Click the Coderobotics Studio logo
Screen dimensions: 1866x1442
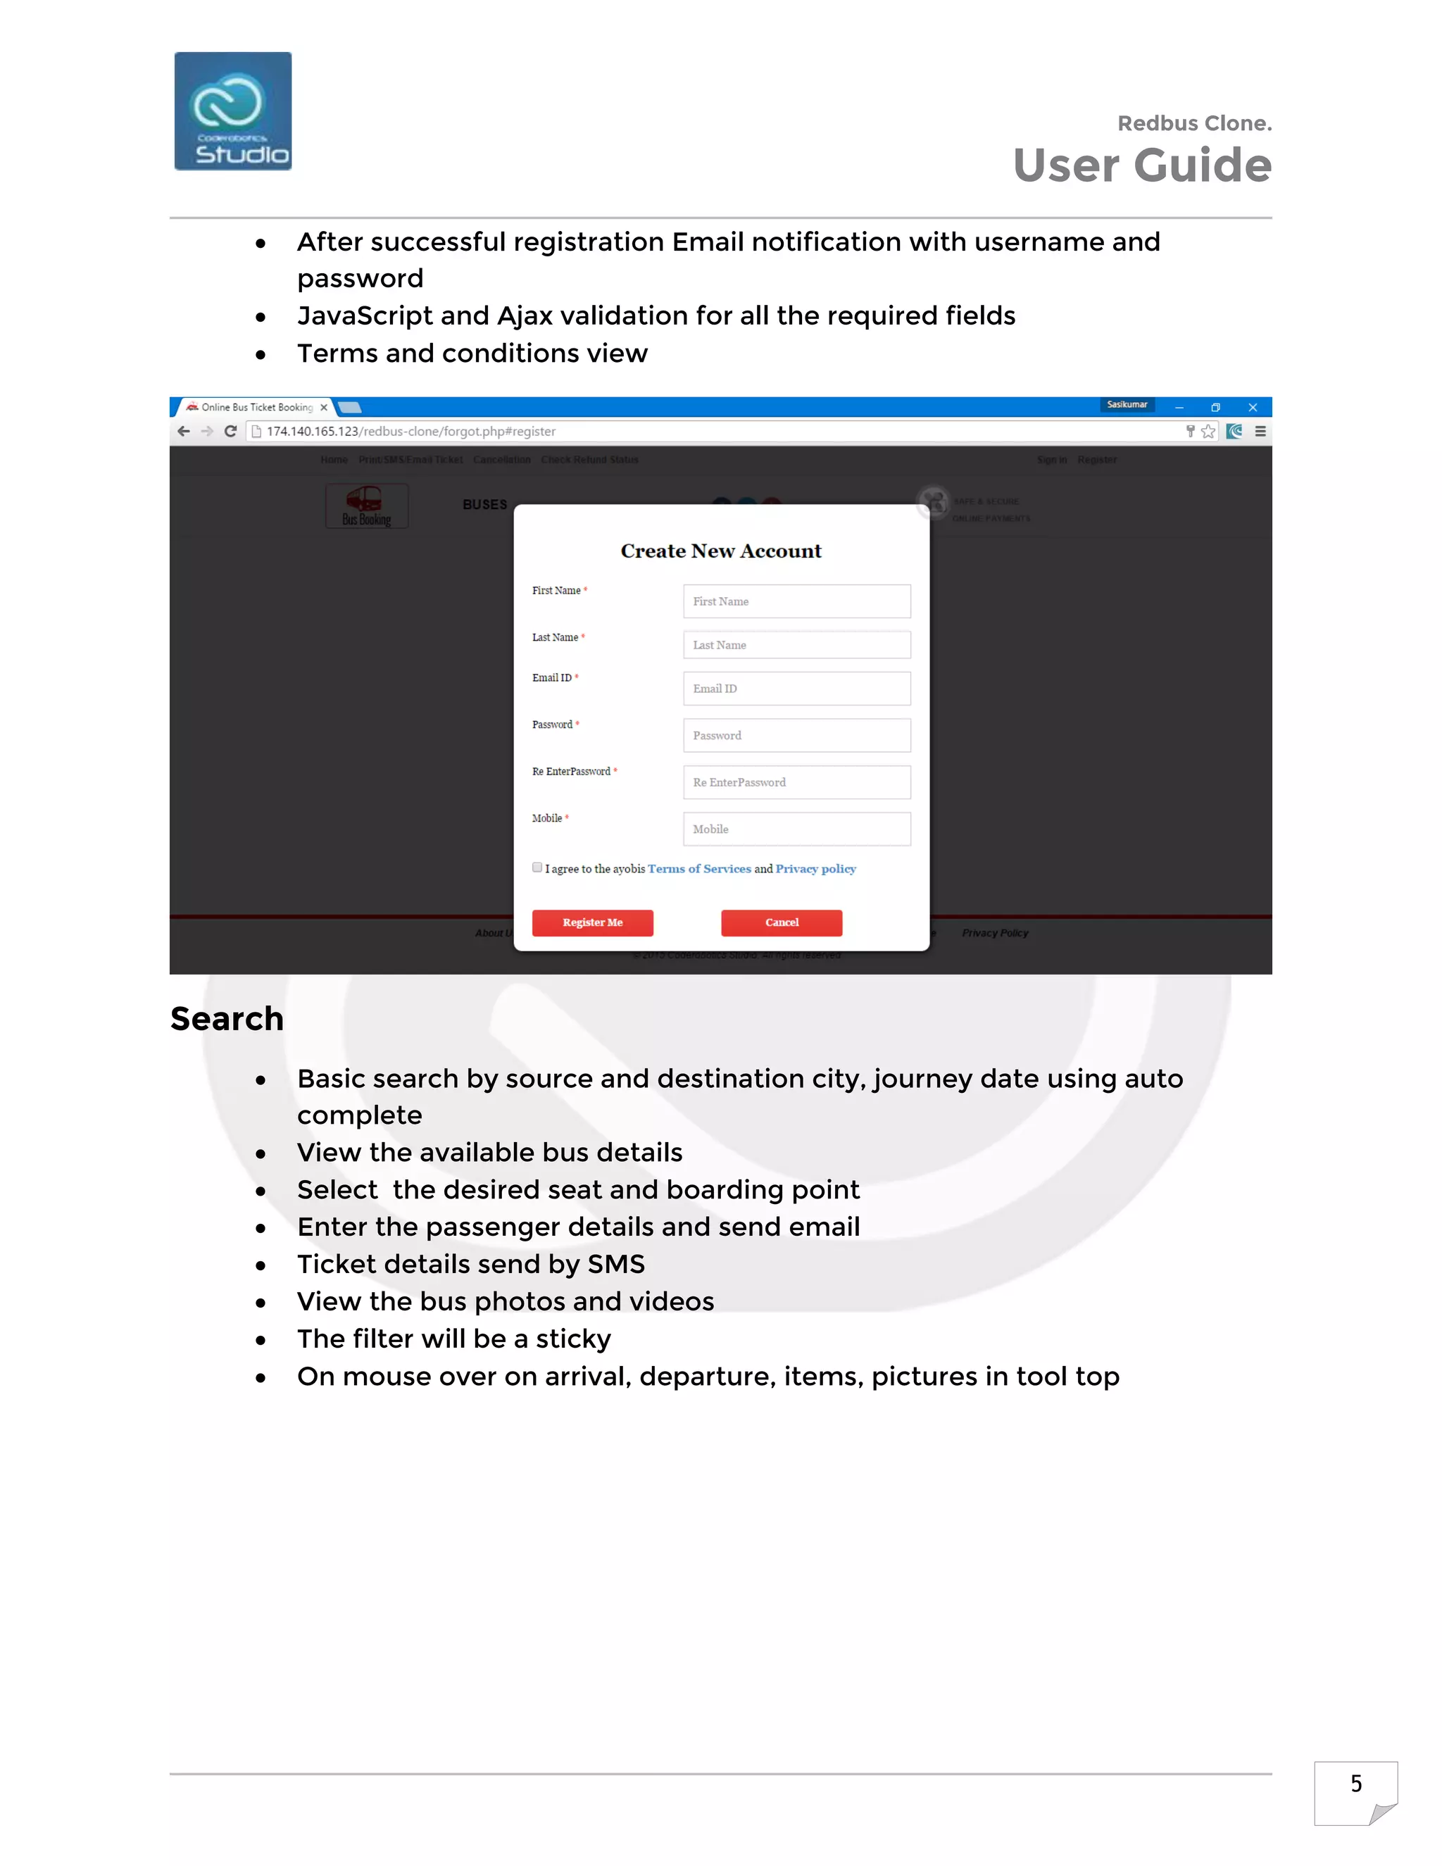[x=232, y=111]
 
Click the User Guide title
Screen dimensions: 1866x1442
[x=1141, y=165]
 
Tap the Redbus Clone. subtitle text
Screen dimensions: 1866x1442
[x=1193, y=124]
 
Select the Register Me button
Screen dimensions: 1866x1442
[x=592, y=922]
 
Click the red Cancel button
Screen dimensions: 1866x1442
[x=781, y=922]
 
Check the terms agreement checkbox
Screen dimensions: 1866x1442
[x=537, y=868]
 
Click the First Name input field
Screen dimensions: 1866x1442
[x=796, y=601]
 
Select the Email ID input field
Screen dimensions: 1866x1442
[x=796, y=689]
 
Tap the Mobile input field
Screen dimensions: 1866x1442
[x=796, y=829]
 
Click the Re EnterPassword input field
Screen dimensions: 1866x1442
[x=796, y=782]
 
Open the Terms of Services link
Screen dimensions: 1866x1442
[x=698, y=869]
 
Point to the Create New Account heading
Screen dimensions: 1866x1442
[x=720, y=551]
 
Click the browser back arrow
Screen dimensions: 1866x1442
[x=184, y=432]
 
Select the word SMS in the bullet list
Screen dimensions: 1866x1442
[x=616, y=1265]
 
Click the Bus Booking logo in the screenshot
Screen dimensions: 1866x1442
[x=366, y=506]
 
